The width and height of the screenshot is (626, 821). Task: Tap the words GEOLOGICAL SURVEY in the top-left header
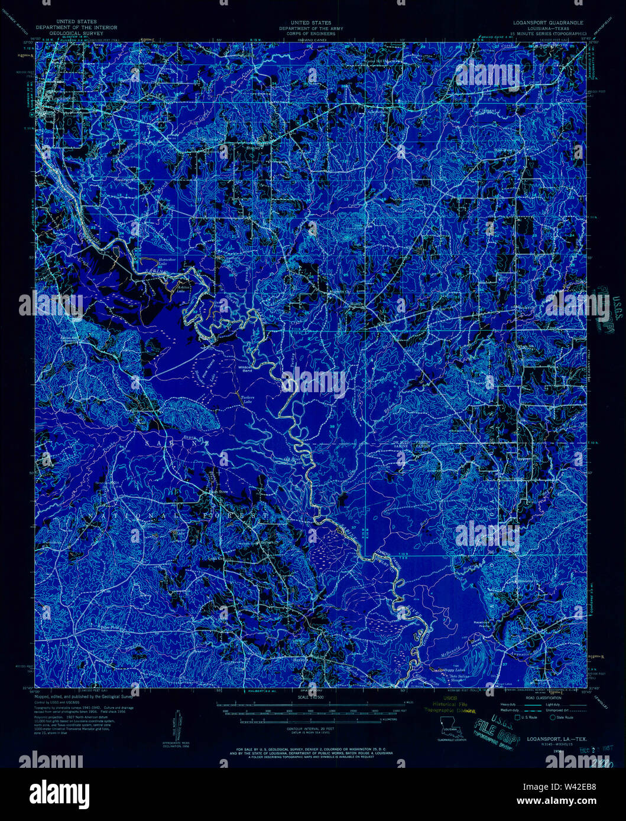76,33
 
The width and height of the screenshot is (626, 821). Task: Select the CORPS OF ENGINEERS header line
306,33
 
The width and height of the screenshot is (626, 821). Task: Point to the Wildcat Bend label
245,369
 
